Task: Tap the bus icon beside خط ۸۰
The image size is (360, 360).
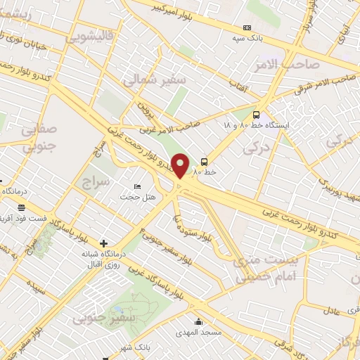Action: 205,161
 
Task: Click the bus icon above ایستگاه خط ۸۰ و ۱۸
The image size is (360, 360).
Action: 256,113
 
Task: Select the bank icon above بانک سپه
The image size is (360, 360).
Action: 246,27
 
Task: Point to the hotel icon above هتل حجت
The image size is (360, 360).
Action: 137,186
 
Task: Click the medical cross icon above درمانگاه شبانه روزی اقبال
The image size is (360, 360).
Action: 105,243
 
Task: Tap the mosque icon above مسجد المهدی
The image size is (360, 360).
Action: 199,323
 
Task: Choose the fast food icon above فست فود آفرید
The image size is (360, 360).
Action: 22,207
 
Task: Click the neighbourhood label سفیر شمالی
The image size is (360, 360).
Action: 155,81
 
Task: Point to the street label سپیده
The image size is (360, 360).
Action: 37,289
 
